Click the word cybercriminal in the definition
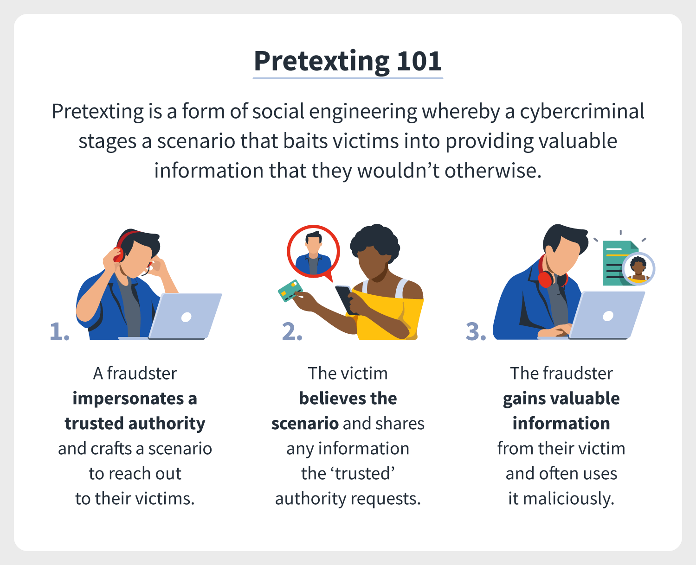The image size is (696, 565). coord(582,112)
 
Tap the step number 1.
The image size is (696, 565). coord(59,331)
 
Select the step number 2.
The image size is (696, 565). coord(292,331)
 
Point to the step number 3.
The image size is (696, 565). coord(476,331)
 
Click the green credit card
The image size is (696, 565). coord(290,291)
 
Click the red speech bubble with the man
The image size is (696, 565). coord(313,252)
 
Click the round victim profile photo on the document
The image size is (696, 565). coord(638,269)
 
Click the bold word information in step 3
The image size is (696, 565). coord(561,423)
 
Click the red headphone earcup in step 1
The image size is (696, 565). coord(118,254)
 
